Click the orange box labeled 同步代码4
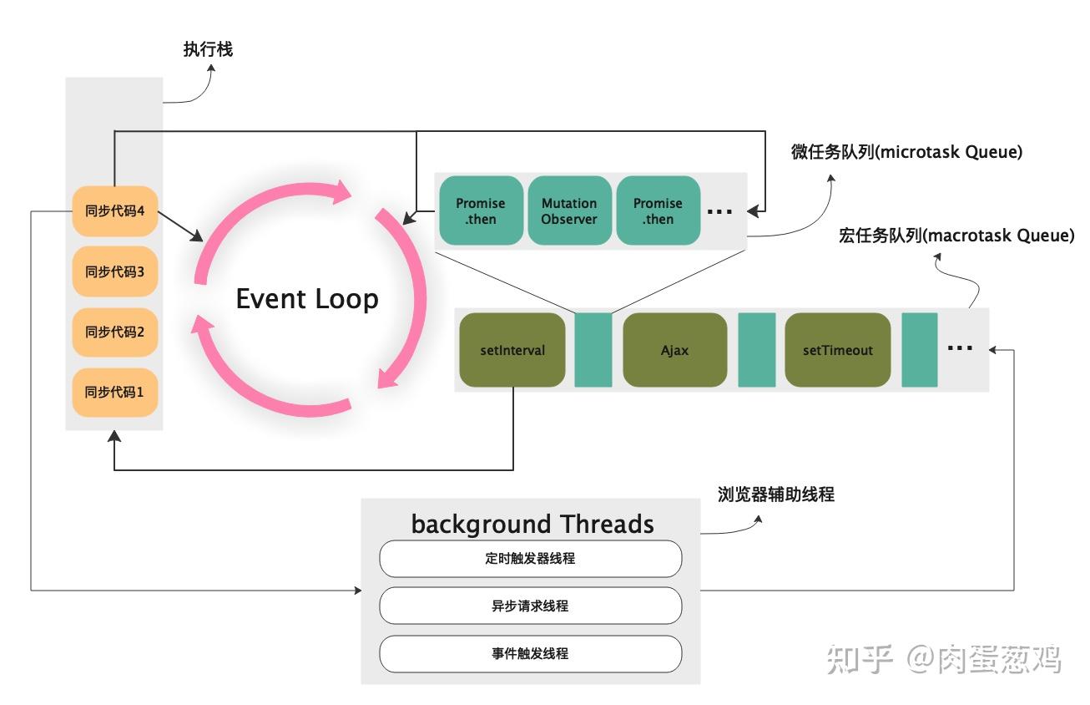point(115,211)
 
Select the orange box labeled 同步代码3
point(115,271)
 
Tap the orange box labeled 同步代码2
point(115,332)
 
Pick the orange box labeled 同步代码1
point(115,392)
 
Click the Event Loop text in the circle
point(307,299)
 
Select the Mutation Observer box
point(569,211)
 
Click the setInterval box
point(512,350)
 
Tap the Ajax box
point(674,350)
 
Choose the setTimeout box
point(837,350)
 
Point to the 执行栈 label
point(208,49)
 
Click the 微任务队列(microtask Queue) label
point(906,152)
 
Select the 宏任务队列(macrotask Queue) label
point(956,236)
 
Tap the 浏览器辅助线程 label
point(775,495)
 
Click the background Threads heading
point(532,524)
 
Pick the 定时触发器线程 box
point(530,558)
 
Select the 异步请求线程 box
point(530,606)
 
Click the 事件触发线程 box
point(530,653)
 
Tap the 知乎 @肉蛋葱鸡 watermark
point(943,659)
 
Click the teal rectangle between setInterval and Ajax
point(593,350)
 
